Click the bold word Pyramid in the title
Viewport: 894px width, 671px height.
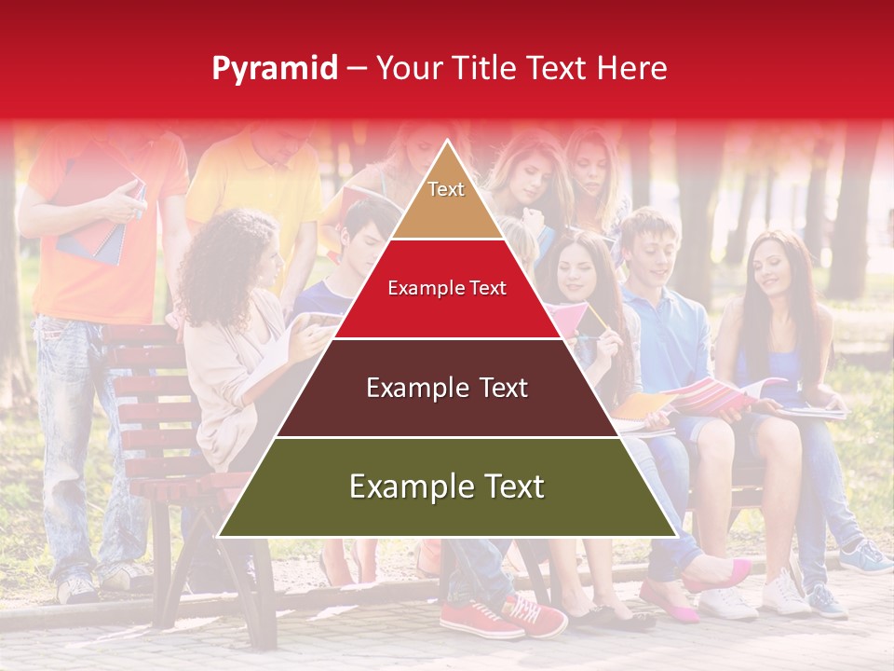274,68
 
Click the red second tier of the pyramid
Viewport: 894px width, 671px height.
447,308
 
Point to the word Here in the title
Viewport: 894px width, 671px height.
632,68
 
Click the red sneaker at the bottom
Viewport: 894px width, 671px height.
480,619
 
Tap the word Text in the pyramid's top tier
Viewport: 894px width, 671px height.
446,189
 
